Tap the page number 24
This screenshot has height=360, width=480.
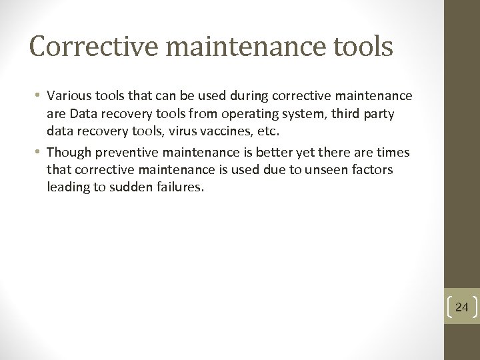coord(462,307)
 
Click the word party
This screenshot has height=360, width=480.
coord(379,115)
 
